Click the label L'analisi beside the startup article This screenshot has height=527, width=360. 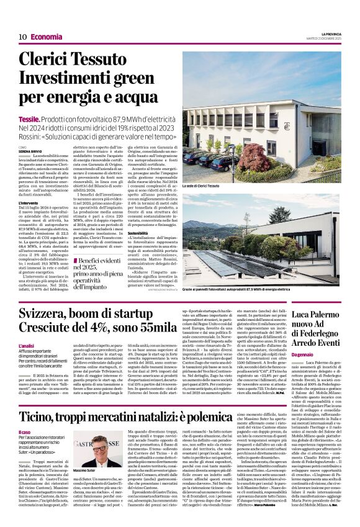(x=27, y=346)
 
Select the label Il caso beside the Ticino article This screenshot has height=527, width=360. (x=24, y=432)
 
